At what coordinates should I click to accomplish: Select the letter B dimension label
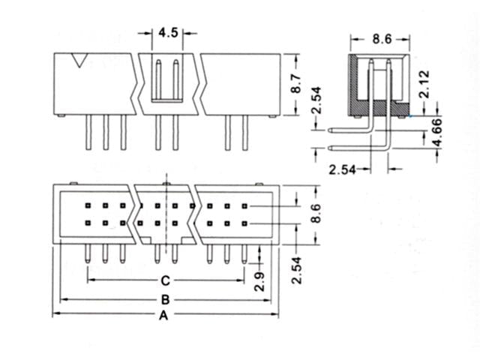(x=163, y=300)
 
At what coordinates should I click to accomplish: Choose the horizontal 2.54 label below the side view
(x=343, y=169)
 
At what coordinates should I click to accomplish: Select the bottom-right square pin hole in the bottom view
(x=244, y=223)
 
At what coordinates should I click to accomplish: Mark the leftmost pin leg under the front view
(x=88, y=133)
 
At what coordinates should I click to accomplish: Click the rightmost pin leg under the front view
(x=244, y=133)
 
